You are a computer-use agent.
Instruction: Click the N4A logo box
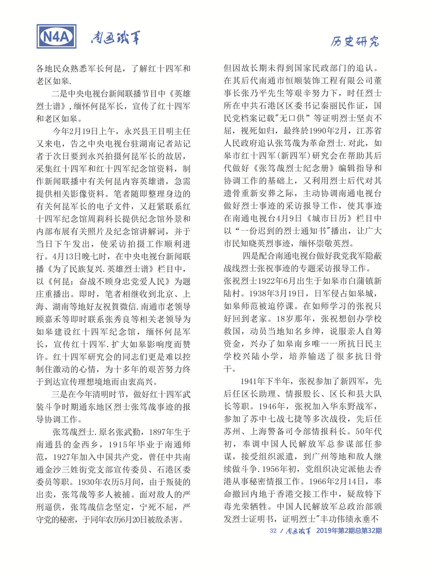coord(57,37)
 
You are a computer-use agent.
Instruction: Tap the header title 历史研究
coord(355,41)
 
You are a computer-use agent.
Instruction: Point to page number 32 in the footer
coord(273,531)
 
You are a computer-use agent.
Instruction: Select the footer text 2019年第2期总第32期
coord(349,531)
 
